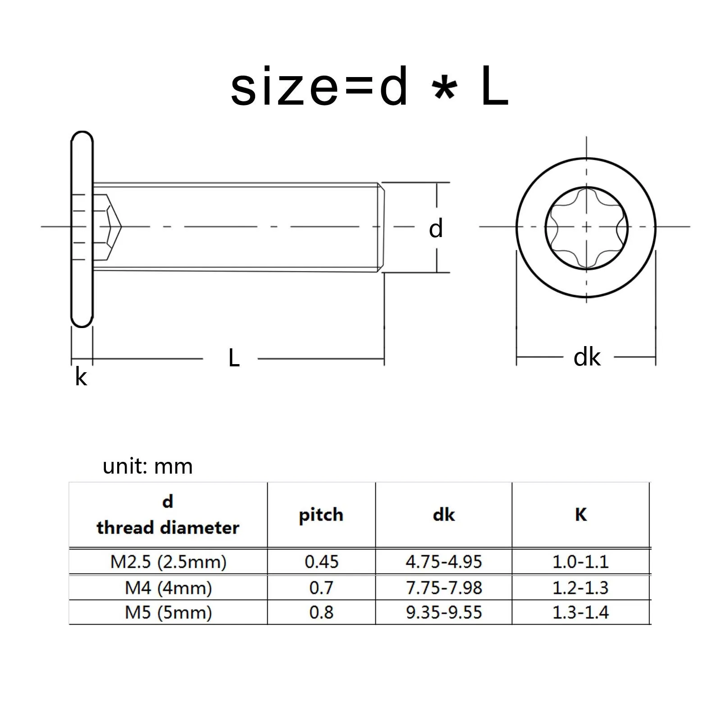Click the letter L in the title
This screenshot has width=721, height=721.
coord(494,87)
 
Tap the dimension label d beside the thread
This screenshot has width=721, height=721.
coord(435,228)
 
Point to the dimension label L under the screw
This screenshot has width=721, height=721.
coord(234,358)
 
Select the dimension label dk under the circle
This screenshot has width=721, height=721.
coord(587,357)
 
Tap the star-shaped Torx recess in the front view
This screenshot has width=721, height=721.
coord(586,228)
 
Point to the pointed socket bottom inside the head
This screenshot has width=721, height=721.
coord(118,227)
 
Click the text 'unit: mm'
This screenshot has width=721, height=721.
coord(147,466)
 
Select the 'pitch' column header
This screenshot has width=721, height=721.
coord(321,515)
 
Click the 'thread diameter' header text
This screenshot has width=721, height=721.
coord(168,528)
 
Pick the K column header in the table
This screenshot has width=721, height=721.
coord(580,515)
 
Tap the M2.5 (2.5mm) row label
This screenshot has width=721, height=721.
coord(168,562)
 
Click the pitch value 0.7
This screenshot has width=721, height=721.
coord(321,588)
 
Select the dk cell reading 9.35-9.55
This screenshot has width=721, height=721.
coord(443,612)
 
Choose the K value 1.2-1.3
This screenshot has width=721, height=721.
coord(580,588)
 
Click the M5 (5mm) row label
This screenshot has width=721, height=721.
coord(168,612)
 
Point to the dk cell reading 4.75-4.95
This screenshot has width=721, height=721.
coord(443,562)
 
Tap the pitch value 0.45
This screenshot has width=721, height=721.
coord(321,562)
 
